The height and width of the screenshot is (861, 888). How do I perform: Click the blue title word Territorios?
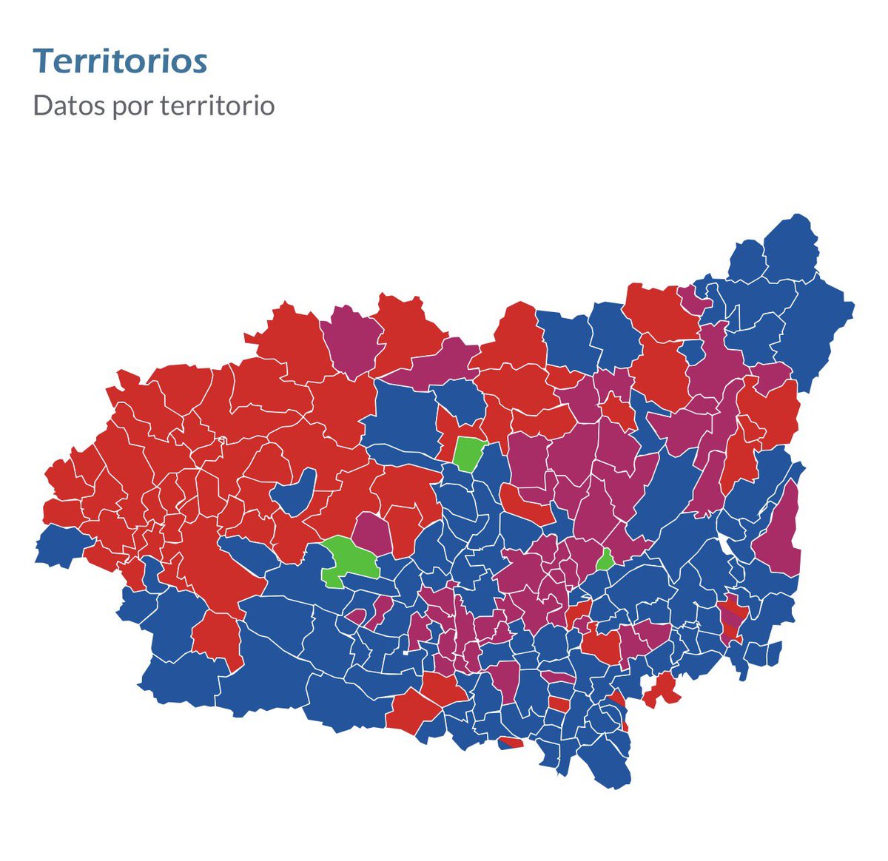[120, 61]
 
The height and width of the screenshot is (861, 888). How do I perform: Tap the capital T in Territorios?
[43, 61]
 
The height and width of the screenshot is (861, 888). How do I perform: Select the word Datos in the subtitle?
[69, 105]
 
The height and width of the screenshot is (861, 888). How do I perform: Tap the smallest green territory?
[605, 560]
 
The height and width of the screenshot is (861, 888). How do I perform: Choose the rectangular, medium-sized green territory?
[468, 453]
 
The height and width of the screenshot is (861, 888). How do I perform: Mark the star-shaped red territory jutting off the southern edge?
[662, 692]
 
